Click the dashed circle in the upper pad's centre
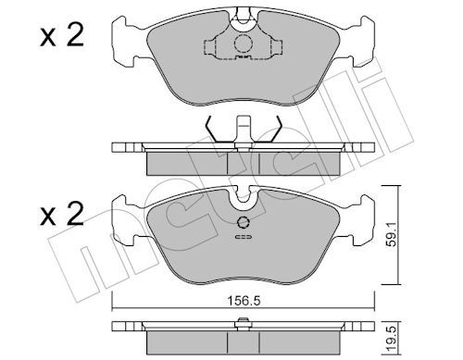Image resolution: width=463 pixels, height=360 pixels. point(243,44)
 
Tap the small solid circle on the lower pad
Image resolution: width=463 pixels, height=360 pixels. point(243,222)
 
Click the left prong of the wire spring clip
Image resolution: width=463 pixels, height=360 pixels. point(213,132)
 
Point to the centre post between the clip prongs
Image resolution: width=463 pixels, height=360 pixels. point(243,128)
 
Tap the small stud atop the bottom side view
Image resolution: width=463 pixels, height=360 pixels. point(243,321)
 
